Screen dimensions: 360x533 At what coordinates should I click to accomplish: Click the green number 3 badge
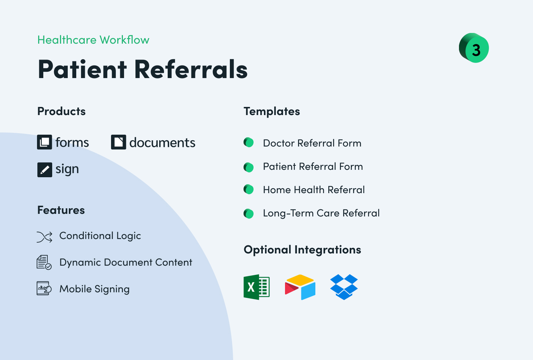point(474,48)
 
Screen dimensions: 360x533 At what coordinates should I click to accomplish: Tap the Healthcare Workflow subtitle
point(93,40)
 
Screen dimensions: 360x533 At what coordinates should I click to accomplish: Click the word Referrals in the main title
point(191,70)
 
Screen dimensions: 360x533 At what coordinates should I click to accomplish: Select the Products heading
point(61,111)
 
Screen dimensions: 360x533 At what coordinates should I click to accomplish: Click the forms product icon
point(44,142)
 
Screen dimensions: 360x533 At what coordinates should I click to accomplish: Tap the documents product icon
point(118,142)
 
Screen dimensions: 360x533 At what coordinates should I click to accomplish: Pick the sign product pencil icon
point(44,169)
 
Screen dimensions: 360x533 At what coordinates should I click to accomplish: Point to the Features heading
point(61,210)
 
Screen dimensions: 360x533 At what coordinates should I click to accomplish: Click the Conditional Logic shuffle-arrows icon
point(44,237)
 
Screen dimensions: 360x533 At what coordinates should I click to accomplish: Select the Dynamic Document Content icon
point(44,262)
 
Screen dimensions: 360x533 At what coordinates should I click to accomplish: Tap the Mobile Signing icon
point(44,289)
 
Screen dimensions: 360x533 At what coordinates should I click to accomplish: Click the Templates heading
point(272,111)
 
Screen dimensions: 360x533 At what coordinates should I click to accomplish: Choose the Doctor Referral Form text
point(312,143)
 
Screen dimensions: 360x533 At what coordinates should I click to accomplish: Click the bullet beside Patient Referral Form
point(249,167)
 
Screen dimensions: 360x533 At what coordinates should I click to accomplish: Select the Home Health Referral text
point(314,190)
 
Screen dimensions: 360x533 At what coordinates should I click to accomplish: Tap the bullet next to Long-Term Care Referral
point(249,213)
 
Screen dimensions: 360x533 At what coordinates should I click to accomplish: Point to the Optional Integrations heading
point(302,250)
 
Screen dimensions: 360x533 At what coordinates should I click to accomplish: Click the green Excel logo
point(257,287)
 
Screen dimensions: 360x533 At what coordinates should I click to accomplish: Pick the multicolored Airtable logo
point(300,287)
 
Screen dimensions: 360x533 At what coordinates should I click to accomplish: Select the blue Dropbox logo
point(344,287)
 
